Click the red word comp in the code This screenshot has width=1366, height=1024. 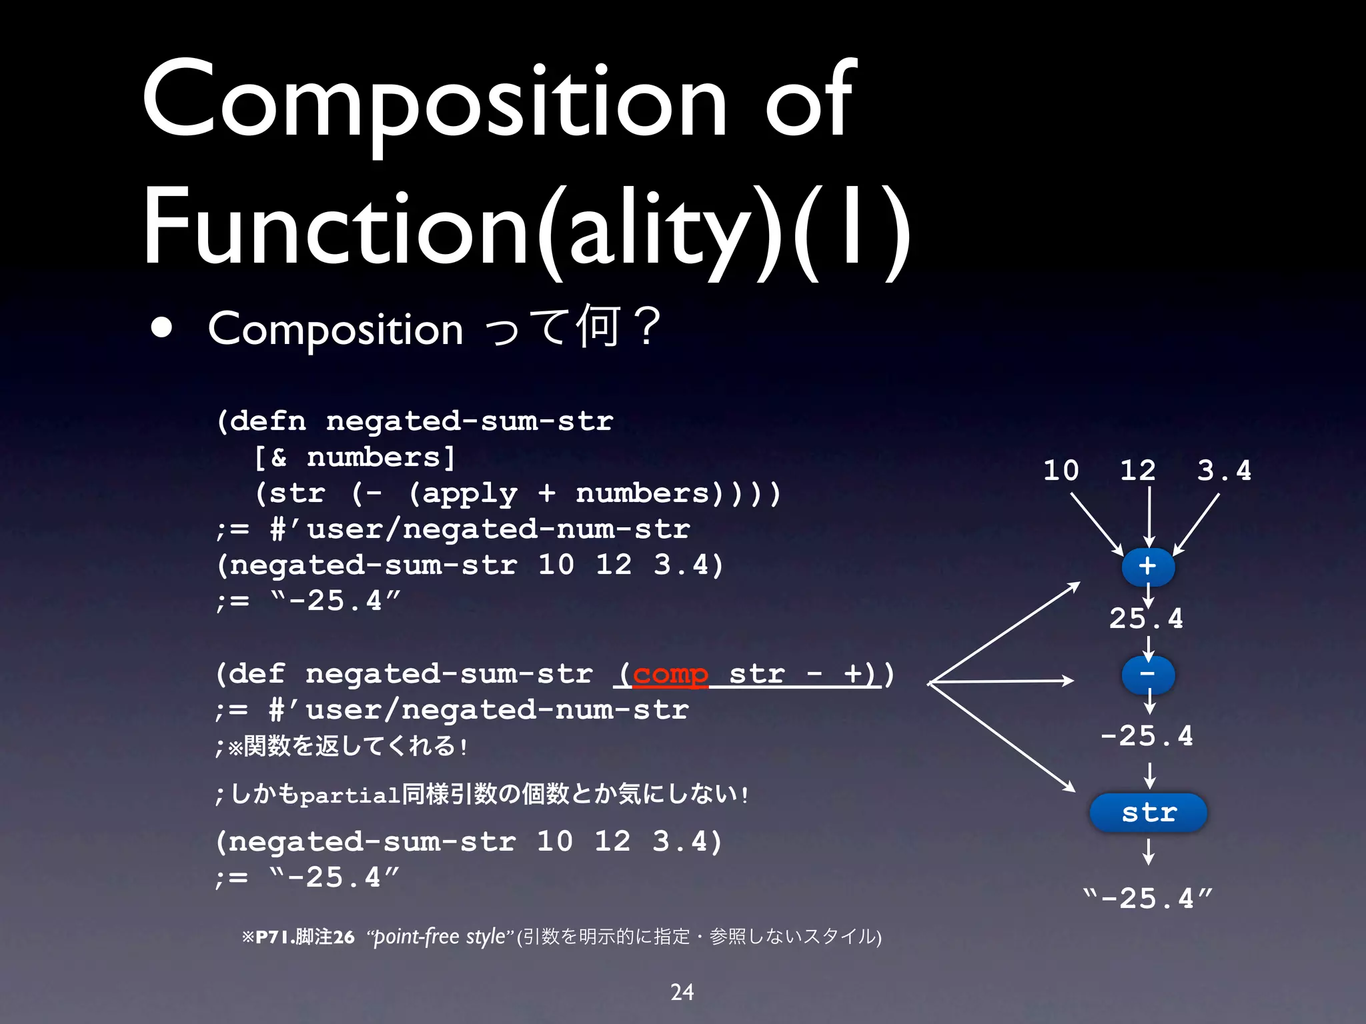[x=670, y=675]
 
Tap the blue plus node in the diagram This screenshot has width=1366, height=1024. [x=1147, y=567]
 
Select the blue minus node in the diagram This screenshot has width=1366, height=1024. [x=1147, y=675]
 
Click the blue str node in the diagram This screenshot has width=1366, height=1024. [x=1148, y=813]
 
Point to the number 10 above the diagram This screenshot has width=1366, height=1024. [x=1061, y=471]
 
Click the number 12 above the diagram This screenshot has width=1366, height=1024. [x=1137, y=471]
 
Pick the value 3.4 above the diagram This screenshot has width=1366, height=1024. [x=1223, y=471]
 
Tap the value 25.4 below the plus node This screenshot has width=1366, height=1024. [x=1146, y=619]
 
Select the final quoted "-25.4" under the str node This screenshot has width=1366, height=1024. [x=1147, y=899]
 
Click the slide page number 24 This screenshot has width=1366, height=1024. [x=682, y=992]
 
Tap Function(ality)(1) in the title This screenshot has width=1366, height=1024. [x=527, y=227]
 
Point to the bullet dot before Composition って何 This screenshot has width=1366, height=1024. [x=161, y=329]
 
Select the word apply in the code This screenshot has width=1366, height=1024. [x=470, y=493]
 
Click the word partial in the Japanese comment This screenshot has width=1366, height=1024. [x=350, y=795]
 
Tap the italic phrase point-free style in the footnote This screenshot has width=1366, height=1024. [x=440, y=937]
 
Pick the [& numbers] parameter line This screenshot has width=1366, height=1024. [x=355, y=457]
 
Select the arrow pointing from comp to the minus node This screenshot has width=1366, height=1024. [x=1000, y=681]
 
